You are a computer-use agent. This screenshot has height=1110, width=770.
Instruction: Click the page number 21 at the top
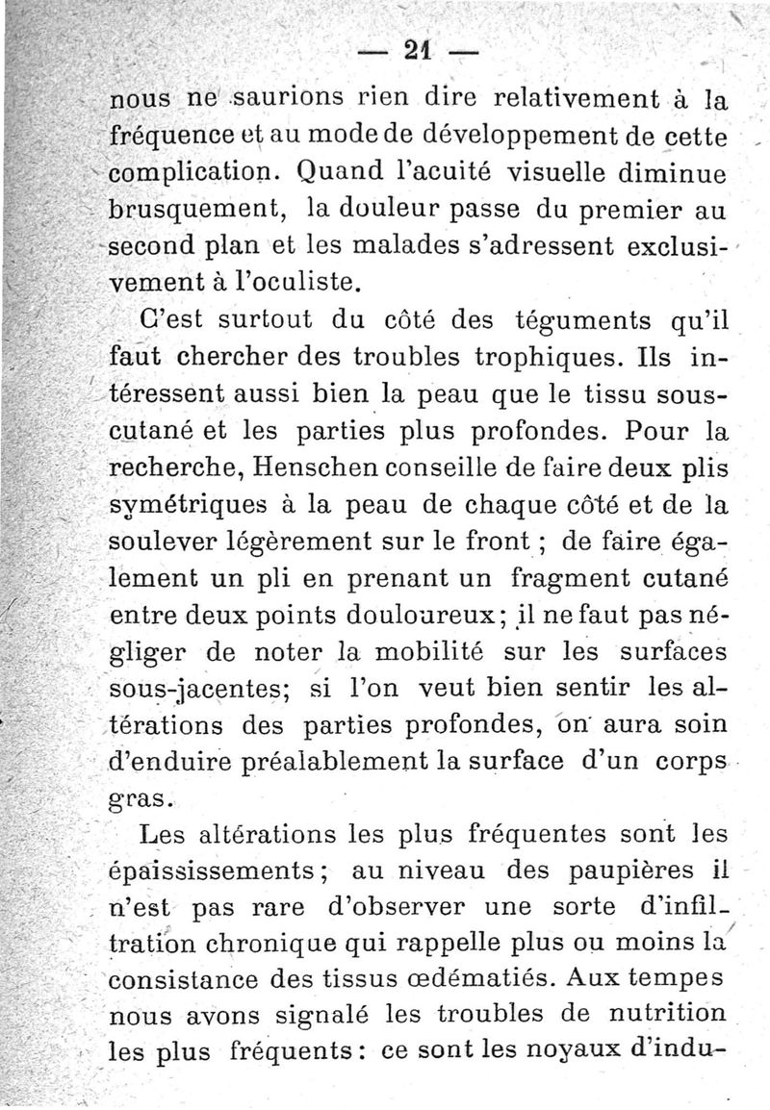click(x=417, y=49)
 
